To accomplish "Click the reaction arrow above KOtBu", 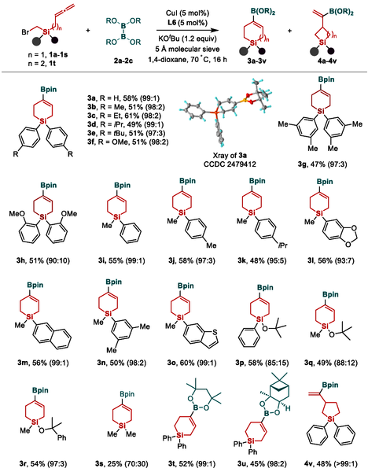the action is pos(187,30).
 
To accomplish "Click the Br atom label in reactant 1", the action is pos(25,32).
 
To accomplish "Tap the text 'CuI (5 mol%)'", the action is pos(187,13).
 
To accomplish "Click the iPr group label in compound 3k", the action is pos(283,245).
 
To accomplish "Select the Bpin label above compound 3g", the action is pos(326,79).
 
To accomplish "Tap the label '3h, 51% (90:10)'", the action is pos(43,260).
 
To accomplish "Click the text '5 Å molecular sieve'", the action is pos(187,49).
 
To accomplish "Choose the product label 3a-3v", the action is pos(257,61).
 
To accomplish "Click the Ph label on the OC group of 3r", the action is pos(61,437).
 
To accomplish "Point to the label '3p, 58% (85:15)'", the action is pos(262,363).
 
